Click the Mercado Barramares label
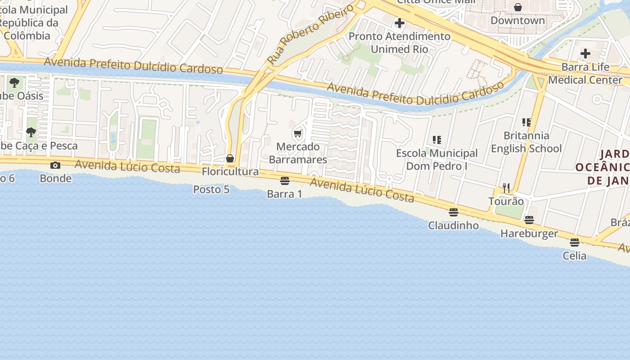(298, 153)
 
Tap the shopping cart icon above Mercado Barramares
(297, 134)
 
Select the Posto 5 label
(211, 189)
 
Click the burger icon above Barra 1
(284, 181)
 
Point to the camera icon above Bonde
(55, 165)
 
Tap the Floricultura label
(230, 171)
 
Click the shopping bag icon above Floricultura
(230, 158)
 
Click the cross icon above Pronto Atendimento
(399, 22)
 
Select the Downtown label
(517, 21)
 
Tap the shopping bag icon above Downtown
(518, 7)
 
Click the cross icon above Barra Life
(585, 54)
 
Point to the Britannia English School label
(526, 142)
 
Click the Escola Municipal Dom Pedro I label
(436, 160)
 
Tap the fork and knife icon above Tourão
(506, 188)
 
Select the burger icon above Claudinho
(453, 212)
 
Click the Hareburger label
(529, 234)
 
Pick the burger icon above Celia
(574, 243)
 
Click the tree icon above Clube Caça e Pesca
(31, 132)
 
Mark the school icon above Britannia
(526, 122)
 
